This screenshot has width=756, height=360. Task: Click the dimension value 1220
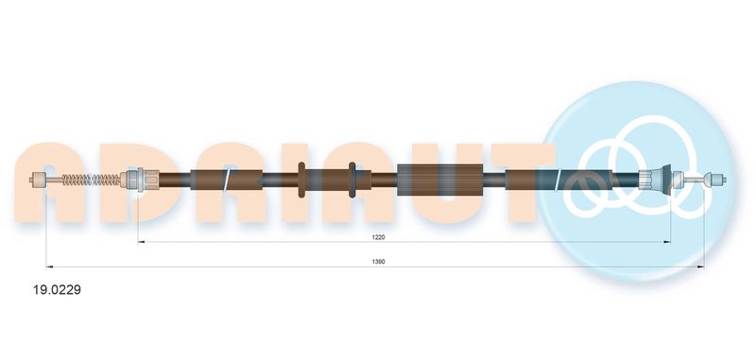click(x=378, y=237)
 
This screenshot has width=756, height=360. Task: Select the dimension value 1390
click(x=378, y=262)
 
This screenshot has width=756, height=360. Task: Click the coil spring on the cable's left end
click(x=91, y=180)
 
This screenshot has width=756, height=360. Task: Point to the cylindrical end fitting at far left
click(x=38, y=180)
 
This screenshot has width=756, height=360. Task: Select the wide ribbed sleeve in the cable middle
click(x=439, y=180)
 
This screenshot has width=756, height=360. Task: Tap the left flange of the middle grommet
click(x=301, y=180)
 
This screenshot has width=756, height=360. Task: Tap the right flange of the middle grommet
click(x=352, y=180)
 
